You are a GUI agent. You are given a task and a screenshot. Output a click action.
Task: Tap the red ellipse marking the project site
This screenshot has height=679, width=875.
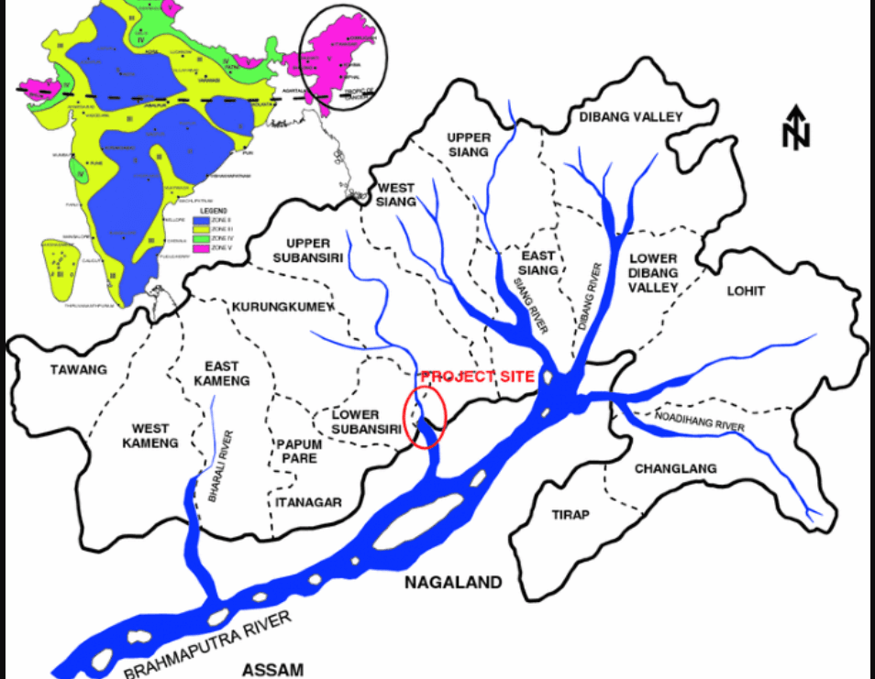pyautogui.click(x=425, y=417)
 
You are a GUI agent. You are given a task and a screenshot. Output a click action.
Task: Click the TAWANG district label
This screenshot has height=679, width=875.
pyautogui.click(x=79, y=370)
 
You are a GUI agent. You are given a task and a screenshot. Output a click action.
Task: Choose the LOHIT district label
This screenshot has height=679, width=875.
pyautogui.click(x=746, y=291)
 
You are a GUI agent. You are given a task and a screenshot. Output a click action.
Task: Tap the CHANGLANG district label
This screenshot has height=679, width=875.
pyautogui.click(x=675, y=468)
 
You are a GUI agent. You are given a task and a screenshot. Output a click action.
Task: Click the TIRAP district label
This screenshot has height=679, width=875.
pyautogui.click(x=570, y=514)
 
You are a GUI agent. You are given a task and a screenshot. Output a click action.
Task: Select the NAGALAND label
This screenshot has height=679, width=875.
pyautogui.click(x=454, y=582)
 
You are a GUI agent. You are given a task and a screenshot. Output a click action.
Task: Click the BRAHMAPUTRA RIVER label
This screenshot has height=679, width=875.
pyautogui.click(x=208, y=647)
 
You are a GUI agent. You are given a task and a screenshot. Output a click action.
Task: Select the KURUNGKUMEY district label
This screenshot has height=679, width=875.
pyautogui.click(x=283, y=307)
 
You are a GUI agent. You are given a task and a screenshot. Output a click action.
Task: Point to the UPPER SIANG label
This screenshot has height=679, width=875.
pyautogui.click(x=469, y=144)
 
